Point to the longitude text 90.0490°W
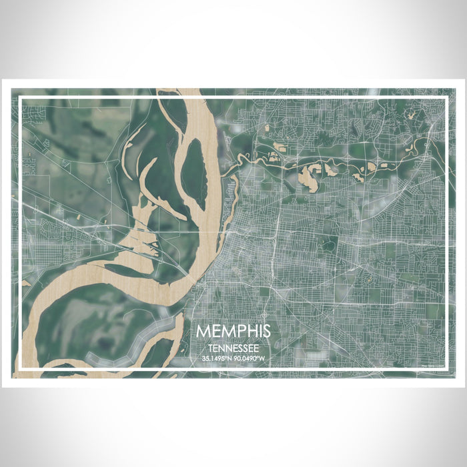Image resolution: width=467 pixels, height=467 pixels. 250,359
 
